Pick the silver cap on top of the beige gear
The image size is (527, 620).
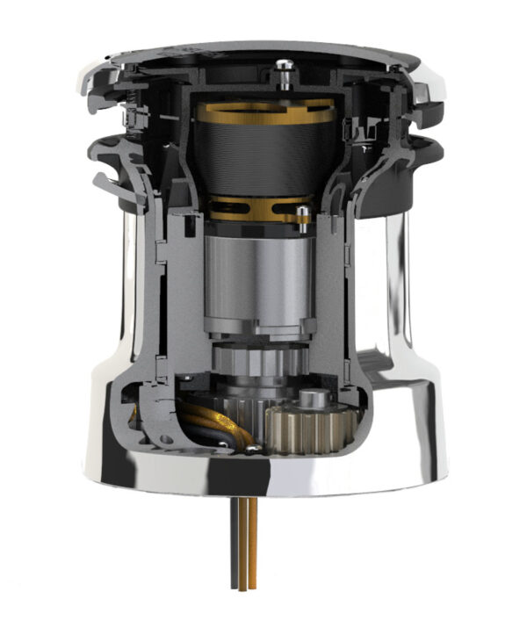(x=315, y=400)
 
